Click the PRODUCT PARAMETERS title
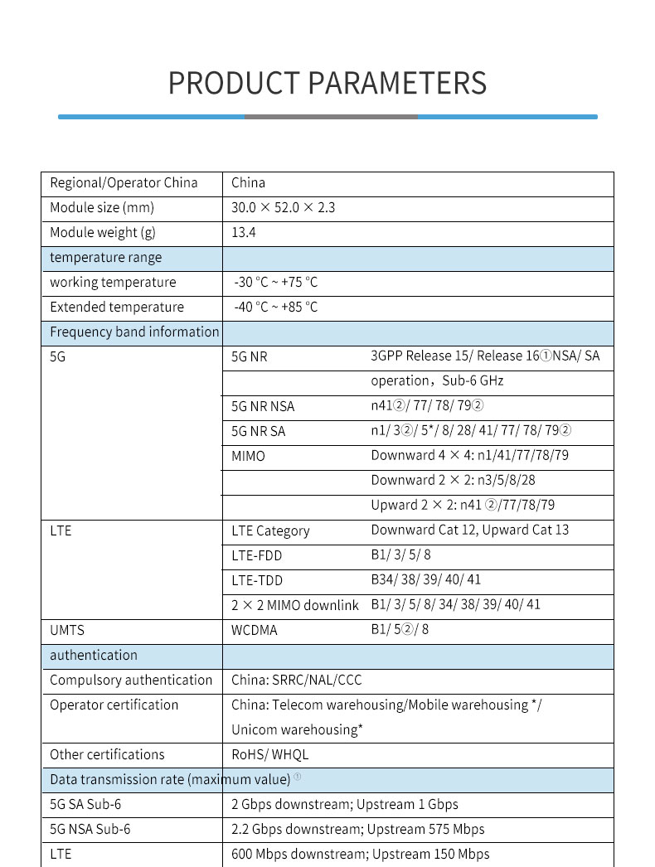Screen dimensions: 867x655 pos(327,83)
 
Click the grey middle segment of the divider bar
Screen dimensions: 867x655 pos(331,117)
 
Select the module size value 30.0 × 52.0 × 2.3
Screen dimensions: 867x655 pos(283,207)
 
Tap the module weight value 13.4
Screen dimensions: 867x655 pos(244,232)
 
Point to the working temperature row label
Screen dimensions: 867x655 pos(113,282)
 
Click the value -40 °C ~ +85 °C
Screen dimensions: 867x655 pos(276,307)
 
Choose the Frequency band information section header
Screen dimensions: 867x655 pos(134,332)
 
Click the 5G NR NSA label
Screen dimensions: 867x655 pos(263,406)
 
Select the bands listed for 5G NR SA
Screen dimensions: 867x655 pos(471,430)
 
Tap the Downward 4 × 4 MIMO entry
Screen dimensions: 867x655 pos(469,455)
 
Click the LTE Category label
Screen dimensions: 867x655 pos(270,530)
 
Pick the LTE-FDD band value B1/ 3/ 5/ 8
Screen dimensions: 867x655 pos(400,555)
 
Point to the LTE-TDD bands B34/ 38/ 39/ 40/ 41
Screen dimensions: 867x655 pos(425,579)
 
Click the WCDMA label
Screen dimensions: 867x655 pos(255,630)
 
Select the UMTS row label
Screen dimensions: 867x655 pos(67,630)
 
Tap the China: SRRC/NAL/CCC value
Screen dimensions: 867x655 pos(297,680)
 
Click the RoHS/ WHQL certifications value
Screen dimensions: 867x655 pos(270,754)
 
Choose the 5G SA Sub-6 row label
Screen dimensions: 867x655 pos(85,804)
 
